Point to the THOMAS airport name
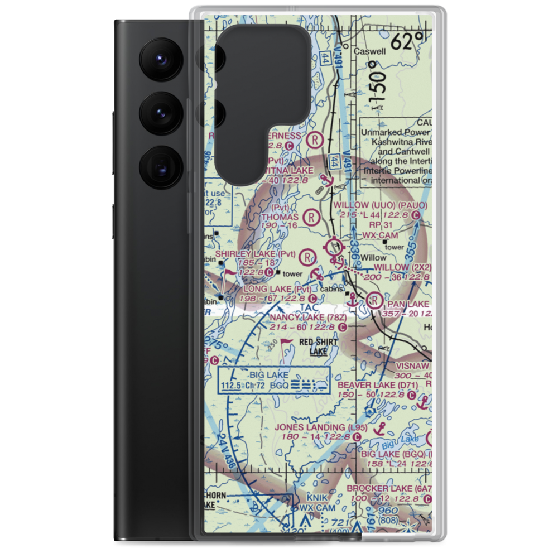[x=280, y=217]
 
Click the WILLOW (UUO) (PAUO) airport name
[x=381, y=205]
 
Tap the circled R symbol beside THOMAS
[x=311, y=216]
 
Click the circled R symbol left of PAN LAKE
[x=374, y=302]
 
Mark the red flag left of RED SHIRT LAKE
[x=286, y=342]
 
